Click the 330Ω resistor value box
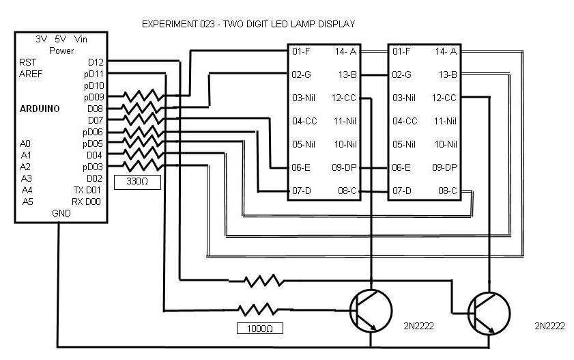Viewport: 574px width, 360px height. pyautogui.click(x=138, y=182)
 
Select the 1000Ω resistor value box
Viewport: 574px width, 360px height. pyautogui.click(x=260, y=329)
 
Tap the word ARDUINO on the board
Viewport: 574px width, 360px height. pyautogui.click(x=40, y=109)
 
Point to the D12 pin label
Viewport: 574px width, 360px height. pyautogui.click(x=94, y=62)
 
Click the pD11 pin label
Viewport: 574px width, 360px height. pyautogui.click(x=93, y=74)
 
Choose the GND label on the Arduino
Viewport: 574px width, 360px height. pyautogui.click(x=61, y=213)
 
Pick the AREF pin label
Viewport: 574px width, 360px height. pyautogui.click(x=31, y=74)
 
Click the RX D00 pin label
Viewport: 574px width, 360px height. pyautogui.click(x=87, y=202)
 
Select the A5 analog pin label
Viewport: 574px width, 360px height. pyautogui.click(x=27, y=202)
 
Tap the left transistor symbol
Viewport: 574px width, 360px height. pyautogui.click(x=369, y=311)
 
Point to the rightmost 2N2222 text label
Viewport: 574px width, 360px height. pyautogui.click(x=549, y=326)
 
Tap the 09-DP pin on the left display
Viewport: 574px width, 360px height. pyautogui.click(x=345, y=167)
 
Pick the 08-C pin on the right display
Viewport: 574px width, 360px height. pyautogui.click(x=447, y=191)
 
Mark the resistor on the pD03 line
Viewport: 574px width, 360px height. pyautogui.click(x=143, y=166)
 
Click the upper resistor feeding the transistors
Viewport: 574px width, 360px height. pyautogui.click(x=264, y=279)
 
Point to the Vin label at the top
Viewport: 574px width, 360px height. pyautogui.click(x=81, y=40)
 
